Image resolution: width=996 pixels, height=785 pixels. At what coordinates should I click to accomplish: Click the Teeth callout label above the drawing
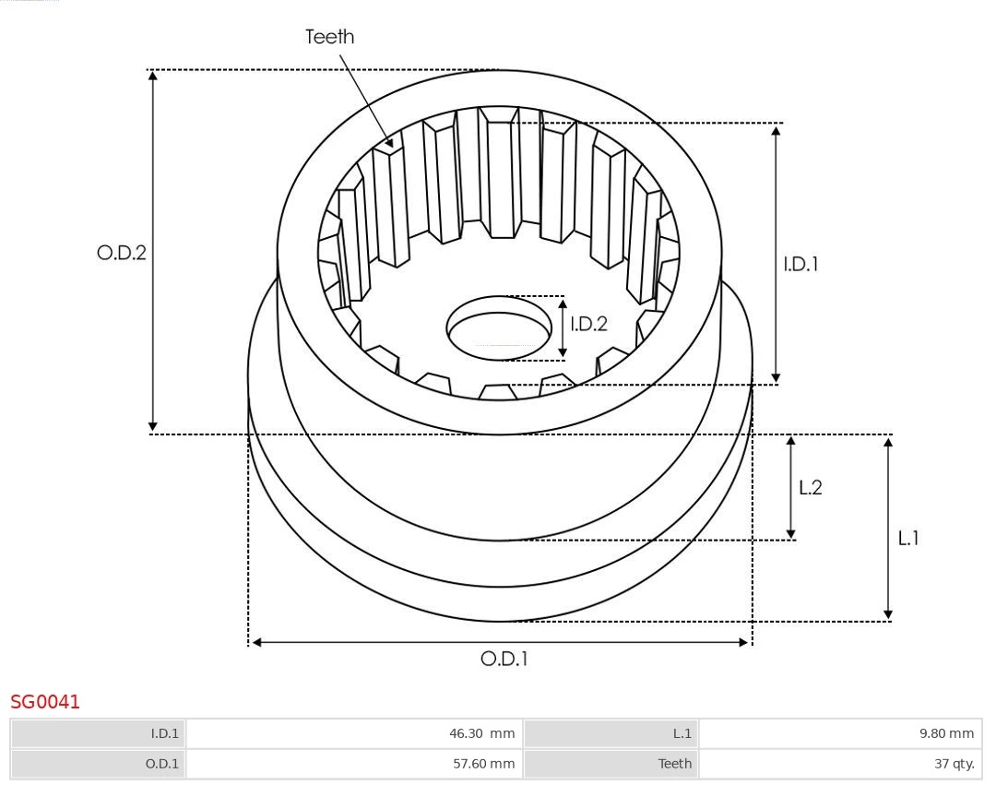329,37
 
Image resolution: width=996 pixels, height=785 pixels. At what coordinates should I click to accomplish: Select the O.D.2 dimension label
122,253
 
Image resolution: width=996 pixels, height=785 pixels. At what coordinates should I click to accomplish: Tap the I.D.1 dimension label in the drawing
800,264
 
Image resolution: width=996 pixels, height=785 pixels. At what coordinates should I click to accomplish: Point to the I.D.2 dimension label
588,324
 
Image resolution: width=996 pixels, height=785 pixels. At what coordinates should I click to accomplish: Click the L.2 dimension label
810,488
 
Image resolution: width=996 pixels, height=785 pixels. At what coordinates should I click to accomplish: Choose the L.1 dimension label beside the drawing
908,539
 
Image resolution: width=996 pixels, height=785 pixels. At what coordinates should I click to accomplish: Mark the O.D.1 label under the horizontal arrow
504,660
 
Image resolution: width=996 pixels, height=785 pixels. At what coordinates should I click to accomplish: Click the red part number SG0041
45,702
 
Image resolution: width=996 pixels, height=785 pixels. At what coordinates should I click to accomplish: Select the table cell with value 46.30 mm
353,734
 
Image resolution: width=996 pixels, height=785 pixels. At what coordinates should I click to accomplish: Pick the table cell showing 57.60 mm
353,764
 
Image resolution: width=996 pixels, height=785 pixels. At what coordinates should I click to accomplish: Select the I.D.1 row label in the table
98,734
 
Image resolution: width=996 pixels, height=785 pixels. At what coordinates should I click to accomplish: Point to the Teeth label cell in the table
611,764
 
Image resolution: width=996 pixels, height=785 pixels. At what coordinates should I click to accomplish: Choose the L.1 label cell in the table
611,734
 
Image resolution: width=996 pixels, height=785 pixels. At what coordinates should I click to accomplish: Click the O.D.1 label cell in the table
98,764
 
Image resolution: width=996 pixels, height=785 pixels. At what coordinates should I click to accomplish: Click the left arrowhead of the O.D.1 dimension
256,642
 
